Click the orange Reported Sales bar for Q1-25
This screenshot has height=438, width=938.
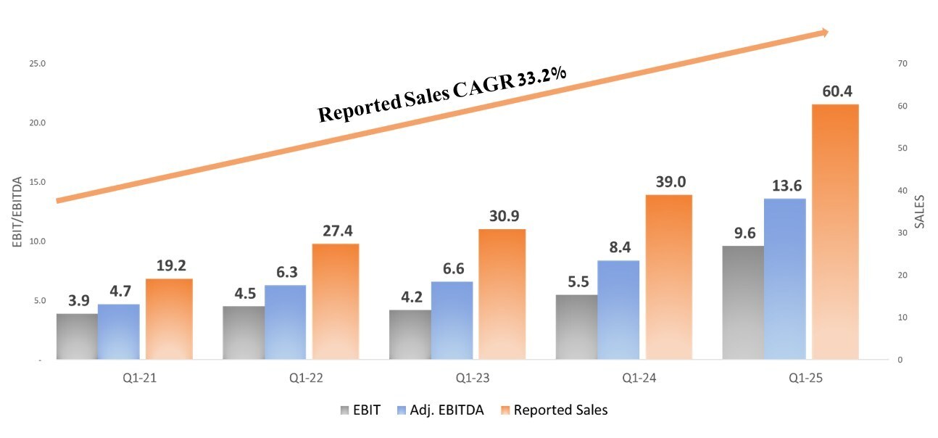835,232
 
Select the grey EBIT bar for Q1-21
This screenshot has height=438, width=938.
77,336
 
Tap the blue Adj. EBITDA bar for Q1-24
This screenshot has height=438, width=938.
618,310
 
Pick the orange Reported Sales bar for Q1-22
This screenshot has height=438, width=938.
335,302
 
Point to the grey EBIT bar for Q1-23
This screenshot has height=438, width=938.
410,335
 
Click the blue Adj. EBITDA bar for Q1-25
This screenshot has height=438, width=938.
785,279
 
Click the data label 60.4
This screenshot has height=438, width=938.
835,92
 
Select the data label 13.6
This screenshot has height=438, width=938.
785,186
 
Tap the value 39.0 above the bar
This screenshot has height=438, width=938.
670,182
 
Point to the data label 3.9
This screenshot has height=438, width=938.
78,300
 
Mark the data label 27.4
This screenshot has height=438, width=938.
336,231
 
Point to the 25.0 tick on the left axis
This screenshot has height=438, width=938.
37,64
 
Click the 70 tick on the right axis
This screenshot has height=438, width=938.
902,64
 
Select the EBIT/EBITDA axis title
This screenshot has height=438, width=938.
17,212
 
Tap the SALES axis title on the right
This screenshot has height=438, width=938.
920,212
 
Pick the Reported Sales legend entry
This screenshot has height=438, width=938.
560,410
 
